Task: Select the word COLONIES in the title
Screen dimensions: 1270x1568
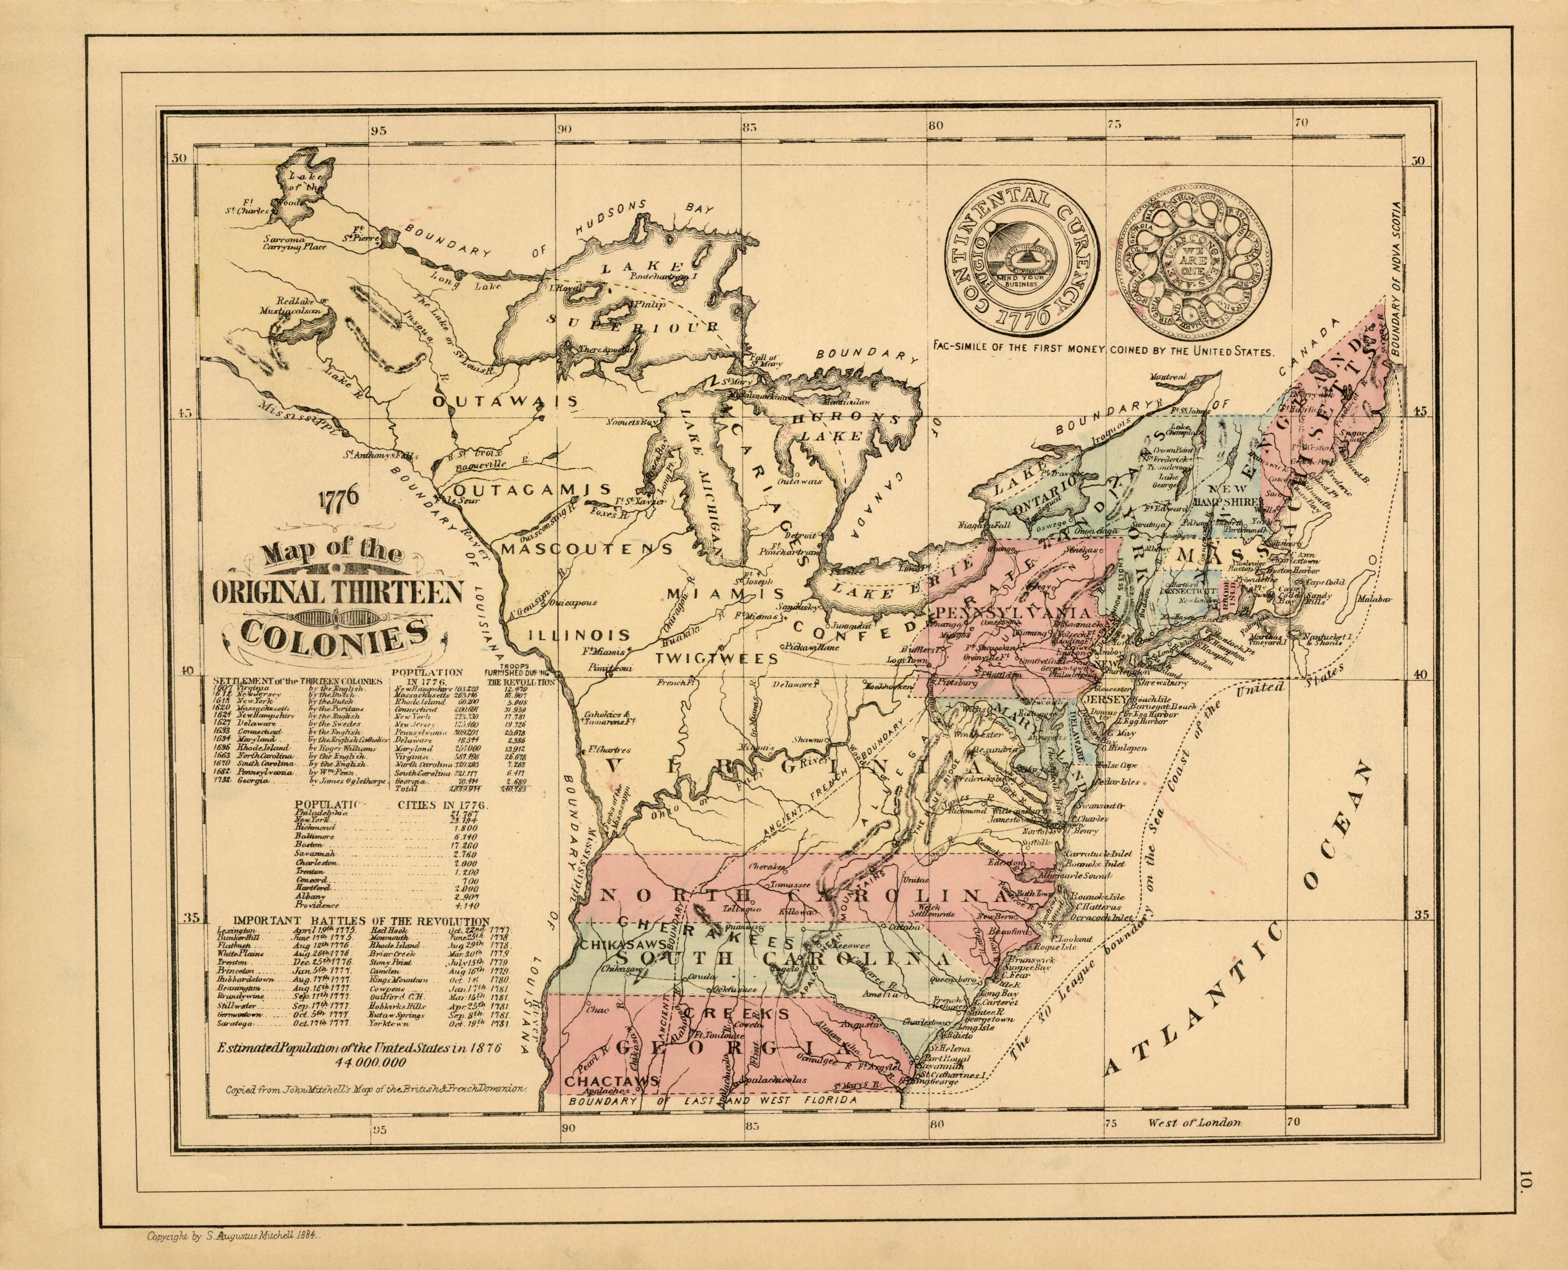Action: [336, 634]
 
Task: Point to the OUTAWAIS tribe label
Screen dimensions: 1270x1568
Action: [505, 402]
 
